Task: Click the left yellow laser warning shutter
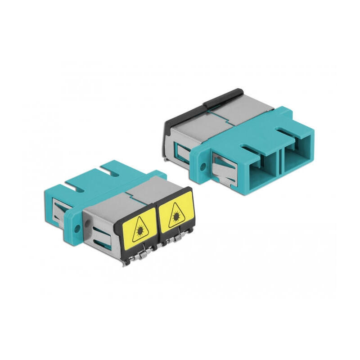click(x=136, y=230)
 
